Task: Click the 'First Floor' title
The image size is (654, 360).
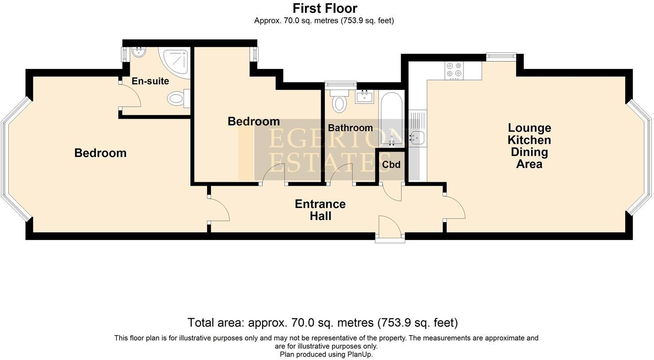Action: [x=325, y=8]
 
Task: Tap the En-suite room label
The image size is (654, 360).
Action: [x=150, y=81]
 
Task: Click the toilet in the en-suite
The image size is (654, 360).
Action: [x=179, y=98]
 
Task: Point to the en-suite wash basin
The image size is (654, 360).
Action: [x=139, y=53]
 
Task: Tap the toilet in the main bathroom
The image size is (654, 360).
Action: [x=339, y=100]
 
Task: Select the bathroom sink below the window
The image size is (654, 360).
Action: [x=364, y=96]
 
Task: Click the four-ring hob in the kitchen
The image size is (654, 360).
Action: [x=454, y=71]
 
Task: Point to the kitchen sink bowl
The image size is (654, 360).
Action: [x=417, y=137]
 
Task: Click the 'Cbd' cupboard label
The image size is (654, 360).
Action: [x=391, y=165]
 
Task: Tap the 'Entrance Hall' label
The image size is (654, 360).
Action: [x=320, y=210]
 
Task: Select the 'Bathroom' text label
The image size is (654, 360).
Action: [x=351, y=128]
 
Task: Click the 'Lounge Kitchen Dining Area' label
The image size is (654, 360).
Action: [x=529, y=146]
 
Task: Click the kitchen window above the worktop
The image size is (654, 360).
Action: [x=501, y=57]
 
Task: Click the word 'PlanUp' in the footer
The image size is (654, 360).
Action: [x=360, y=355]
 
